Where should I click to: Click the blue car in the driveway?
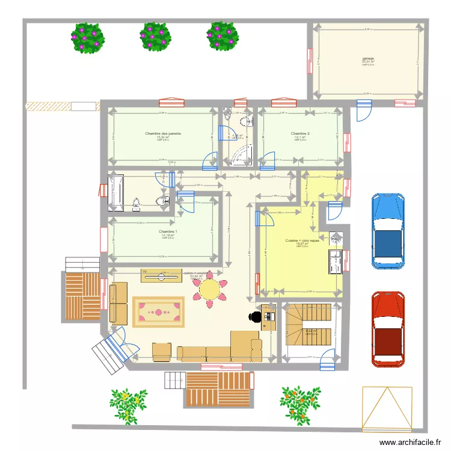point(388,230)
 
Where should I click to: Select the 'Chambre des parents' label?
point(163,133)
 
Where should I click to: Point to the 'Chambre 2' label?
point(300,133)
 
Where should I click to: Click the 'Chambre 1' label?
point(168,232)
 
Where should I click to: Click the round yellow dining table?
point(210,289)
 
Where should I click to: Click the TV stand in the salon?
point(161,274)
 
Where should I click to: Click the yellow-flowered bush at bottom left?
point(128,404)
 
